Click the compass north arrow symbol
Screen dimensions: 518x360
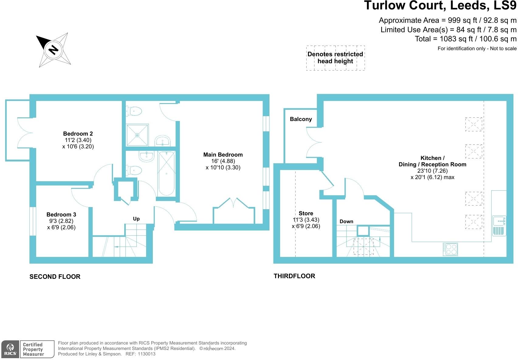click(x=53, y=50)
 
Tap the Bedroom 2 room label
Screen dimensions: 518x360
click(x=78, y=134)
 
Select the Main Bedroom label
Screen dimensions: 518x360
click(x=223, y=155)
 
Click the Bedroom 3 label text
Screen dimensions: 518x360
click(x=61, y=215)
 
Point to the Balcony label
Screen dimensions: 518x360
click(x=301, y=119)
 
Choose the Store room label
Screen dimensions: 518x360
click(x=306, y=213)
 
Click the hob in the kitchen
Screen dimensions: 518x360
click(x=450, y=249)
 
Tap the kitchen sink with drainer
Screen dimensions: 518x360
click(x=499, y=226)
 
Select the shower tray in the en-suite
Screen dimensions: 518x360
click(x=137, y=135)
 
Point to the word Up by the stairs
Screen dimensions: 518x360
click(x=136, y=219)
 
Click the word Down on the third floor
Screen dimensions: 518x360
click(x=346, y=222)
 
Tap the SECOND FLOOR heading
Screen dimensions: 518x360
click(x=55, y=277)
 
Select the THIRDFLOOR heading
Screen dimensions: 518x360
click(x=294, y=276)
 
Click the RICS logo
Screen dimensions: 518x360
click(x=10, y=349)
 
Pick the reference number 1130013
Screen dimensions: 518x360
click(x=147, y=354)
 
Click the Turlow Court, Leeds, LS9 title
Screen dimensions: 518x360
click(x=440, y=5)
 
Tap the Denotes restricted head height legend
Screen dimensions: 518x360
click(x=335, y=58)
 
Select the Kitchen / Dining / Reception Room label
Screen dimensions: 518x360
click(x=432, y=161)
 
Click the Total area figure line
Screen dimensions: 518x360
click(x=465, y=39)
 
